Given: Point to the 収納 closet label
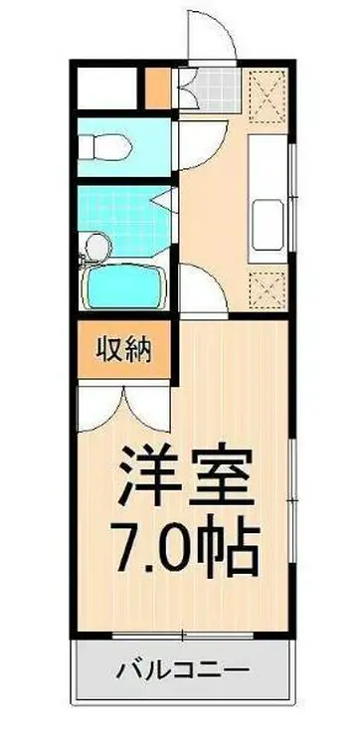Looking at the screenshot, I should (122, 349).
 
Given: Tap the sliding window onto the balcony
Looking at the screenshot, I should (184, 633).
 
